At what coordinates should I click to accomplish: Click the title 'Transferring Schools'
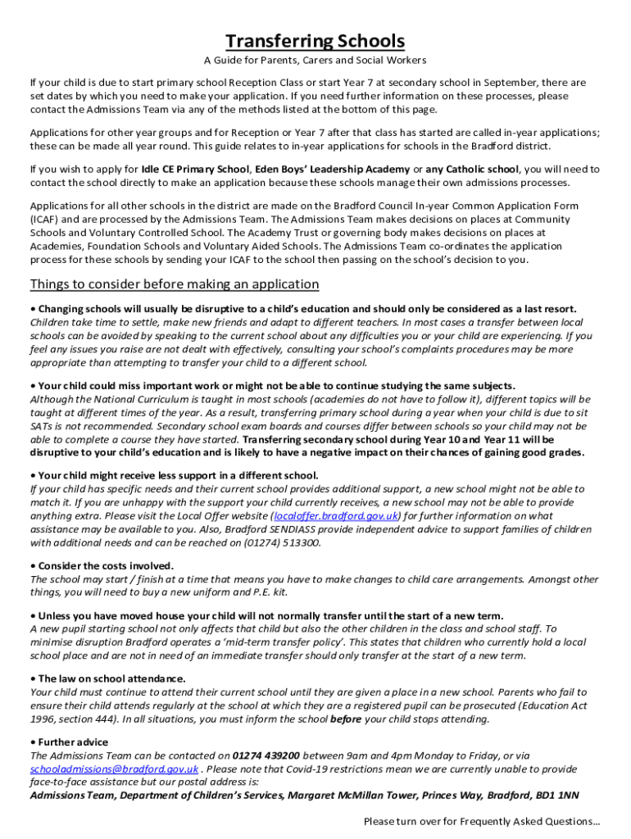tap(315, 41)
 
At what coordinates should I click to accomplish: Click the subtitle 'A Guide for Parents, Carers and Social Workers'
tap(315, 61)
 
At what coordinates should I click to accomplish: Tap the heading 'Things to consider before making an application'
tap(175, 284)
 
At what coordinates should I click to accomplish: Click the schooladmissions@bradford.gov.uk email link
tap(114, 769)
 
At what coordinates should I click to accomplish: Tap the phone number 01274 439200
tap(266, 755)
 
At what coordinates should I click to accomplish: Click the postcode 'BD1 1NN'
tap(556, 796)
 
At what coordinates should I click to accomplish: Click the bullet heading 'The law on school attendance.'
tap(111, 679)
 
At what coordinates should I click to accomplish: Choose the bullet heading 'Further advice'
tap(73, 742)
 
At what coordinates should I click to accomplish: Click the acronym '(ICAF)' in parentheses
tap(46, 220)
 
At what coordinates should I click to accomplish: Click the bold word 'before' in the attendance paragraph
tap(345, 719)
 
